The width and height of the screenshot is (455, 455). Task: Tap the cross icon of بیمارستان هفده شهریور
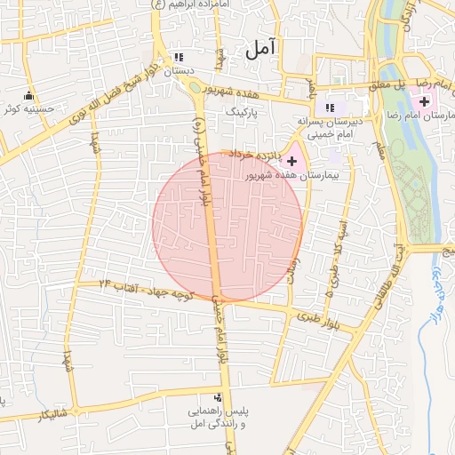tap(292, 160)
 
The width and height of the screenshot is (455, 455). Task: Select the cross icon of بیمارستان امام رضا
tap(424, 105)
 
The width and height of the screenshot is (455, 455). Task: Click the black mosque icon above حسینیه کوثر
tap(28, 96)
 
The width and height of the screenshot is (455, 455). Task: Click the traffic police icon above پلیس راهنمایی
tap(218, 397)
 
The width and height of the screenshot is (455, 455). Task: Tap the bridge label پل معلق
tap(391, 84)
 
